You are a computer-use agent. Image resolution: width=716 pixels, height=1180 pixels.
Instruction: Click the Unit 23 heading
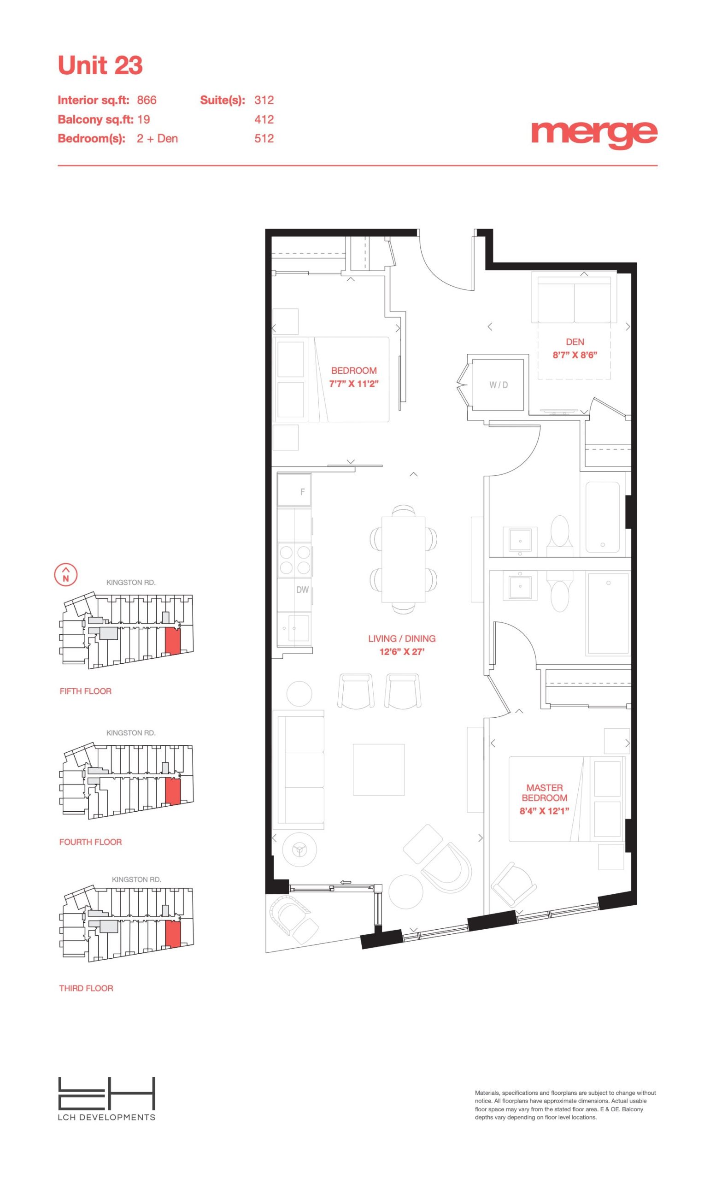(x=100, y=65)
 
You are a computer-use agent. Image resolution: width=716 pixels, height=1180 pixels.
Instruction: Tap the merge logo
(x=594, y=135)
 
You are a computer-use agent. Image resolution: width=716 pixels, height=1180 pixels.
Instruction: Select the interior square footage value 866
(x=147, y=100)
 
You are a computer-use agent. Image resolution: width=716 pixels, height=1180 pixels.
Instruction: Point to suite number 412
(x=264, y=119)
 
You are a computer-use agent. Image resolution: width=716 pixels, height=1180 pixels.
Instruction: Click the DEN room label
(x=575, y=342)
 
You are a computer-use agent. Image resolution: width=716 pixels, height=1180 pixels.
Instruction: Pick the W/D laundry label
(x=498, y=385)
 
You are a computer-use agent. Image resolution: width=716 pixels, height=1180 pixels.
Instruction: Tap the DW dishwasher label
(x=302, y=590)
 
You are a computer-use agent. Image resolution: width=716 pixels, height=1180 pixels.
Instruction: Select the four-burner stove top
(x=295, y=560)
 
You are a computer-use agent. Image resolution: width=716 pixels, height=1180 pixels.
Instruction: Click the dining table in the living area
(x=403, y=560)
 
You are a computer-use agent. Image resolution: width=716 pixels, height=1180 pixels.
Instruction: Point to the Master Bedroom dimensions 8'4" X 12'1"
(x=544, y=811)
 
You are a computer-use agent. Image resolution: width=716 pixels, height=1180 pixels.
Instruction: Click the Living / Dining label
(x=402, y=638)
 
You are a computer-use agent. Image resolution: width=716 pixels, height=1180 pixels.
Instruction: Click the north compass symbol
(x=66, y=574)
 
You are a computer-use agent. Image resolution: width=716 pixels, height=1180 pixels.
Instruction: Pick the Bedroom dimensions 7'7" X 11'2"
(x=354, y=383)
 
